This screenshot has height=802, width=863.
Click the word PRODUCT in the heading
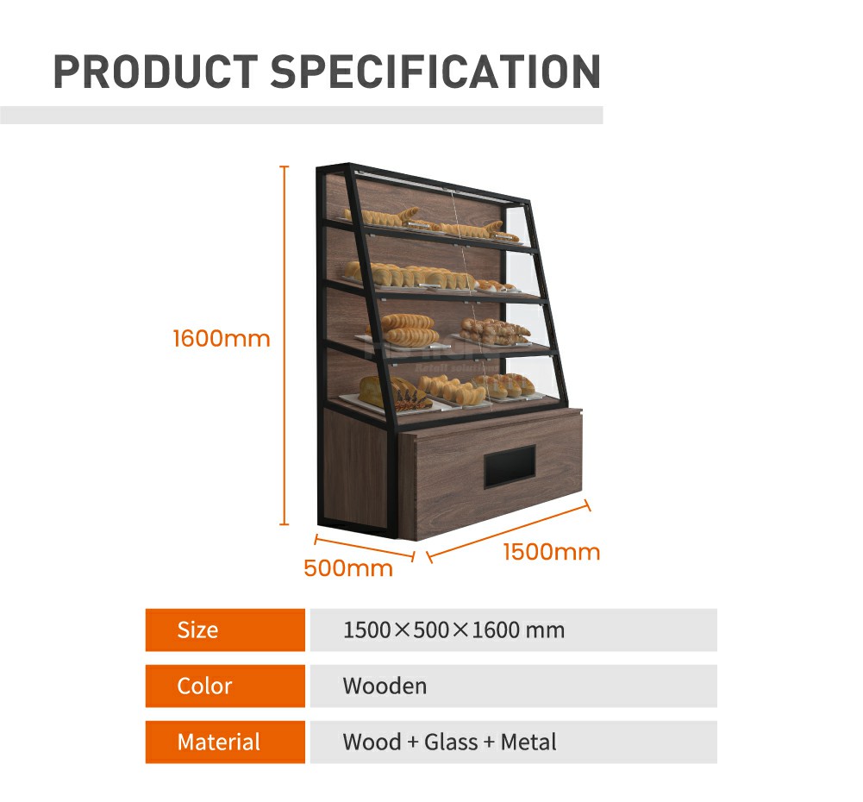point(155,72)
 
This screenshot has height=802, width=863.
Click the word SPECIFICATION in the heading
point(435,72)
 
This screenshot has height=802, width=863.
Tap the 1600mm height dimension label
point(222,338)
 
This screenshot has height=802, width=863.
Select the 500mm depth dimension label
point(348,568)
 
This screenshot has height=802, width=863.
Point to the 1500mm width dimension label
point(551,552)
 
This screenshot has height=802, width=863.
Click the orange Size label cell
point(225,630)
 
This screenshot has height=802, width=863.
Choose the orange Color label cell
point(225,686)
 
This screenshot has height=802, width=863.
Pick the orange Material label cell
point(225,742)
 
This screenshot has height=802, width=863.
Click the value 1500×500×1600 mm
point(453,630)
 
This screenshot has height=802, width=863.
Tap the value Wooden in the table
point(385,686)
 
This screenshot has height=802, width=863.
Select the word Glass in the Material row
point(451,742)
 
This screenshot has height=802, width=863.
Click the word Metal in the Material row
point(528,742)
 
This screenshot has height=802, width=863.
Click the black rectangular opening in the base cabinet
point(510,466)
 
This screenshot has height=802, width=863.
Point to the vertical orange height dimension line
point(285,345)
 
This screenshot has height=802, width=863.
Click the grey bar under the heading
point(301,115)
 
